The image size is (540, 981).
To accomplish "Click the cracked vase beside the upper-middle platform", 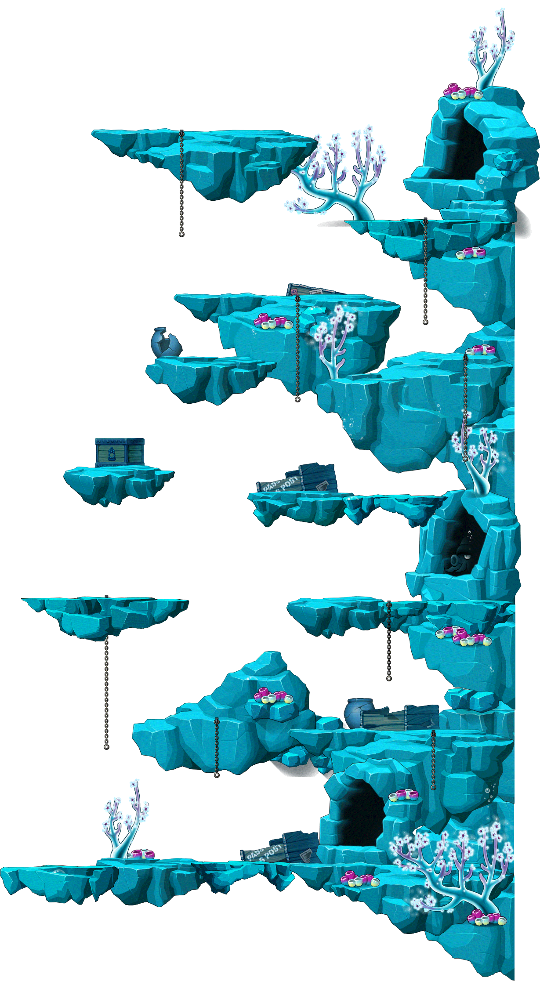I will [x=166, y=342].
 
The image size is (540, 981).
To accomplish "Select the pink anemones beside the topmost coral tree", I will [x=461, y=92].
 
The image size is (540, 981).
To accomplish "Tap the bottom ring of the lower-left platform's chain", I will [x=106, y=746].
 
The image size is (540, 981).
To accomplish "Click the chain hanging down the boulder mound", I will [x=216, y=747].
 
